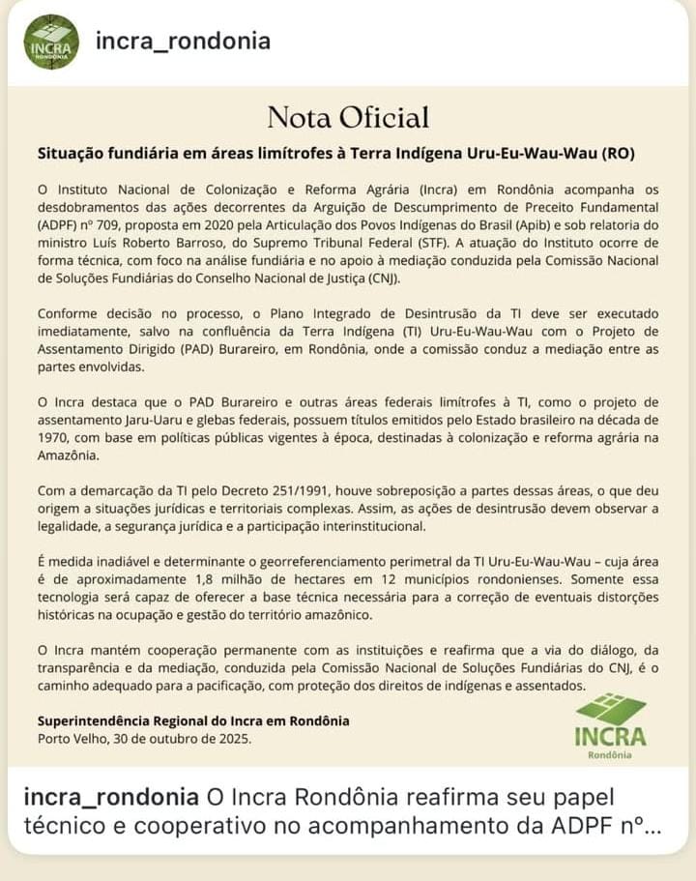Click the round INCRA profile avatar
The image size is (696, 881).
click(51, 42)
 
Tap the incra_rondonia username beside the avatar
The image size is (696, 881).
click(183, 42)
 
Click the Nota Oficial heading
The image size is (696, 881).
click(348, 118)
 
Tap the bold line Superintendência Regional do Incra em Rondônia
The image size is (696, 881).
click(193, 721)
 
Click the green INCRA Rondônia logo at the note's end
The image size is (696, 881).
click(610, 725)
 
